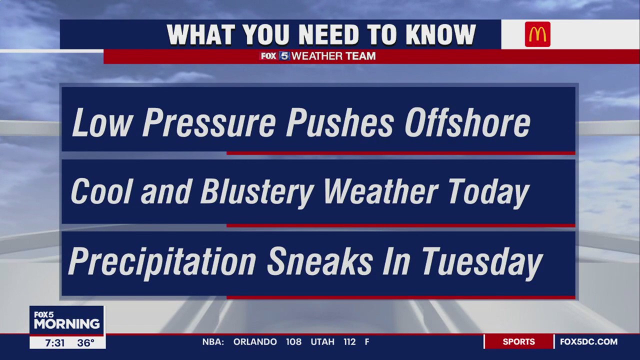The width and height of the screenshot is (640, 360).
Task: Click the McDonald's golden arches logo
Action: click(537, 34)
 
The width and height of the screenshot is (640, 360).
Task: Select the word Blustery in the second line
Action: click(257, 192)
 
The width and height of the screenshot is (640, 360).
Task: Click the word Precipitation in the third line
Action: click(162, 261)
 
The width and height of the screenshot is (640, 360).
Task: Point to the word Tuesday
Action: click(482, 261)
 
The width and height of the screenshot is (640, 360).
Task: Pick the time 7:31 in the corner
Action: click(54, 343)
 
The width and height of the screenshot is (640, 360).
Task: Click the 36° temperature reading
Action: click(86, 343)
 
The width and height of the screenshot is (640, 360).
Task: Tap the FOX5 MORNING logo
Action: click(66, 320)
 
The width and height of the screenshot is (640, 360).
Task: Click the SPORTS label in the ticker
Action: click(518, 342)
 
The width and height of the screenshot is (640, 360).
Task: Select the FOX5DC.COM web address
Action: click(588, 342)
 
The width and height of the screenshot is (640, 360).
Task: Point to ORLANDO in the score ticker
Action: click(255, 342)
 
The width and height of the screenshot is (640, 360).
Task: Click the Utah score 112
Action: click(349, 342)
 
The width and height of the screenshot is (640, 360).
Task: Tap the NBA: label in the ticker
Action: click(213, 342)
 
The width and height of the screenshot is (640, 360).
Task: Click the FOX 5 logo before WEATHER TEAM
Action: click(274, 56)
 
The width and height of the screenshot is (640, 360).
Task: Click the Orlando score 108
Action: click(293, 342)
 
